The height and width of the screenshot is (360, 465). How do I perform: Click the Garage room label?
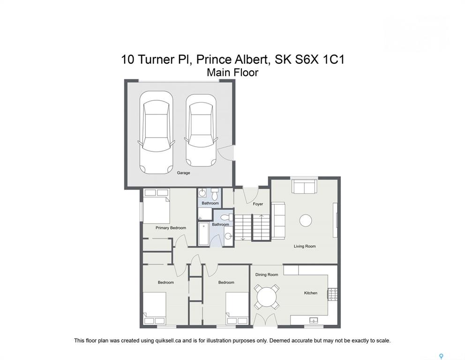tap(183, 173)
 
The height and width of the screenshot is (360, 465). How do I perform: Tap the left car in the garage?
tap(156, 132)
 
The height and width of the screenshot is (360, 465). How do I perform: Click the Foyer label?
tap(258, 204)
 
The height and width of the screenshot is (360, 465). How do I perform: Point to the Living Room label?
tap(305, 246)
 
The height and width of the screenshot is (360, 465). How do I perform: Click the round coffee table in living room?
tap(306, 221)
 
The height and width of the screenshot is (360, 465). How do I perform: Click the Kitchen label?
tap(310, 293)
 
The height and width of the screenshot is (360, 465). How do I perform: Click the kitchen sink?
tap(313, 320)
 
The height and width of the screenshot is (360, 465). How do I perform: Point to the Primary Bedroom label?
tap(171, 228)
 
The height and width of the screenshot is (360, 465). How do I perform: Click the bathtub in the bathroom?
tap(203, 234)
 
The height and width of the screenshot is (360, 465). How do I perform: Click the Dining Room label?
tap(267, 275)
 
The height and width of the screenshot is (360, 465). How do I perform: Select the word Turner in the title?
tap(156, 60)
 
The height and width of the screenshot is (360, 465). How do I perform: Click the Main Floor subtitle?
tap(232, 72)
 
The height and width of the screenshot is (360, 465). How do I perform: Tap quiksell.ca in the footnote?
tap(168, 341)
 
